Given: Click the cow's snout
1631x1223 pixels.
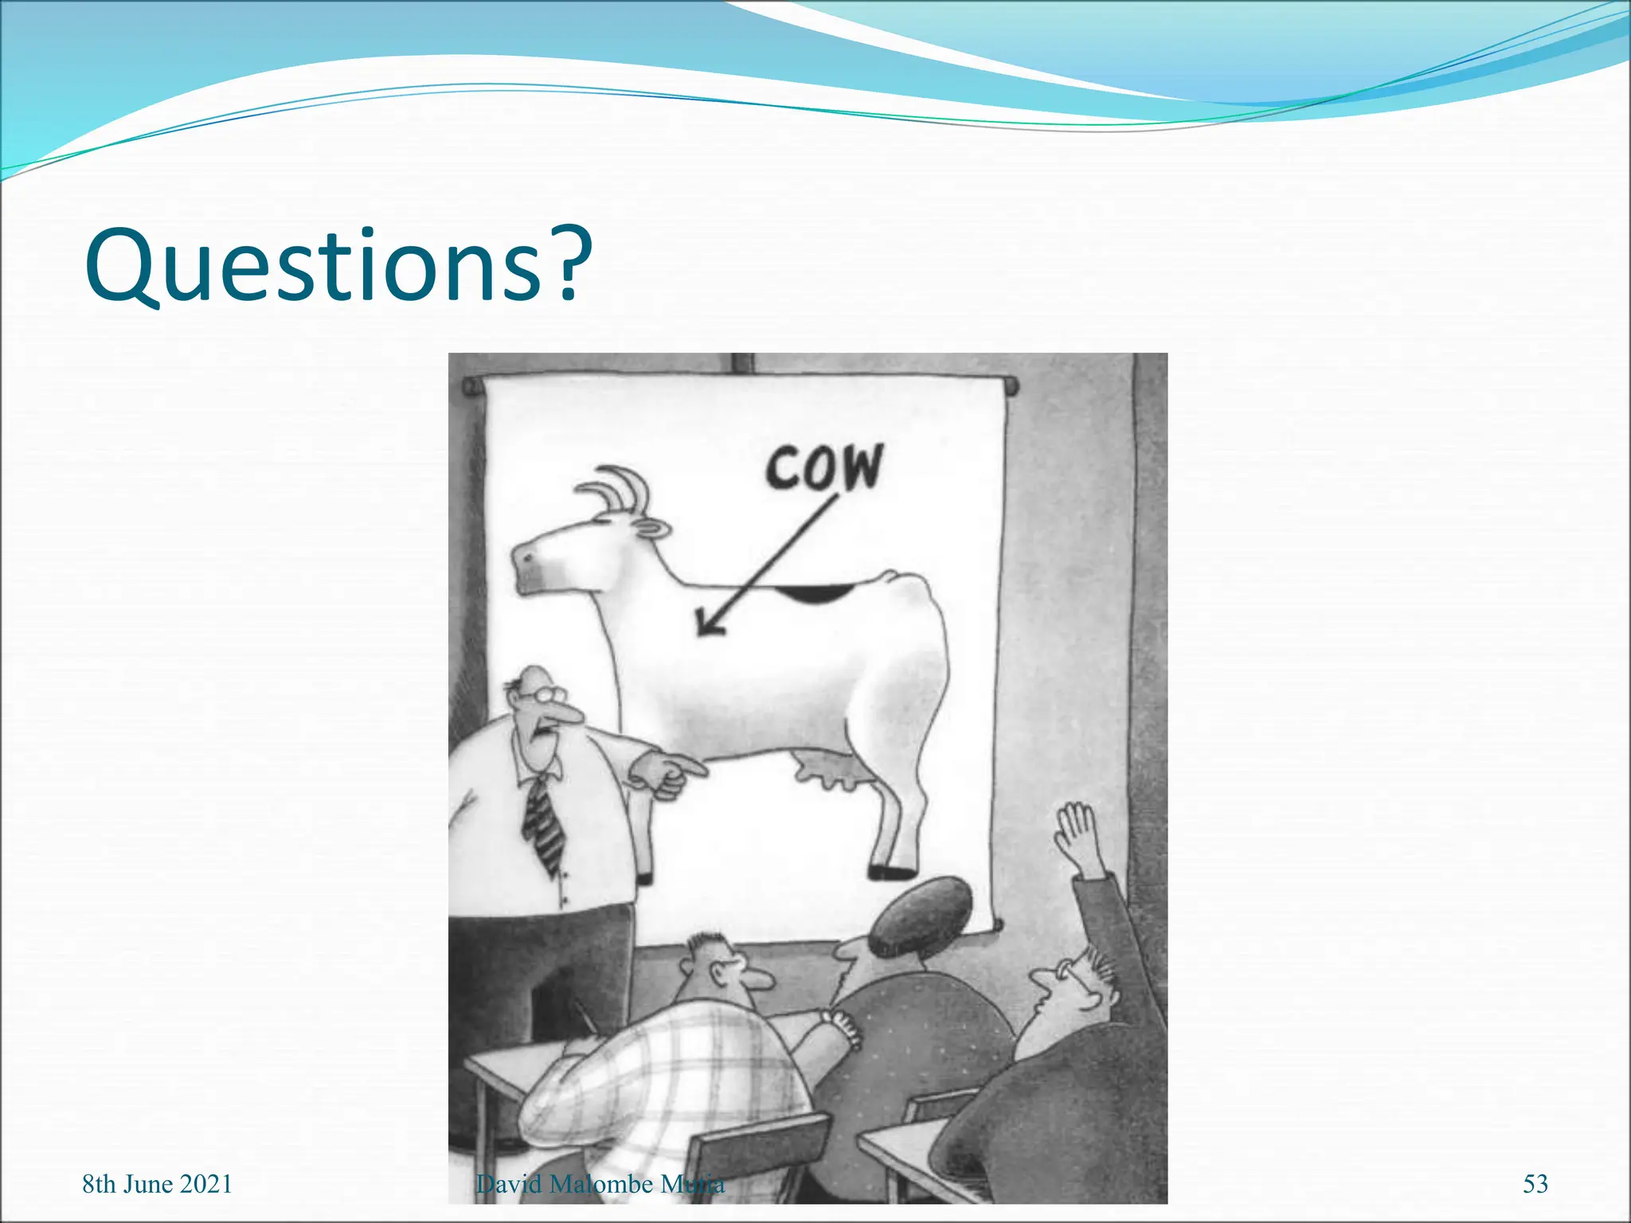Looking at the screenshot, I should point(526,565).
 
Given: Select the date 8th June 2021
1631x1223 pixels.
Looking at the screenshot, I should point(157,1184).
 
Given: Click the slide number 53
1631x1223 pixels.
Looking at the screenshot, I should point(1535,1184).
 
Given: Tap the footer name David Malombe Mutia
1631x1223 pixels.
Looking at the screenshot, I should point(600,1184).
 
